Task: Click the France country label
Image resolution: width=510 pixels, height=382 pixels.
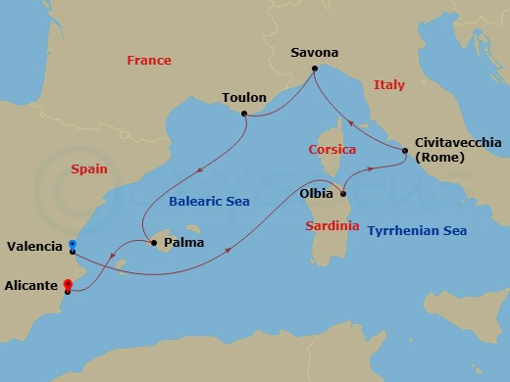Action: (x=149, y=61)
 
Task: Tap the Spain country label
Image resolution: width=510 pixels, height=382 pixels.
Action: (x=90, y=169)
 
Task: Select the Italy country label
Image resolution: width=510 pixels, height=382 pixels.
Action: (x=389, y=86)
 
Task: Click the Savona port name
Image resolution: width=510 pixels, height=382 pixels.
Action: (x=315, y=52)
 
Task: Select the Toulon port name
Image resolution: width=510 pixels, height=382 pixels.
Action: (x=244, y=98)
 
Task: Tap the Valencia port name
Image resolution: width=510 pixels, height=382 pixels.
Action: (x=34, y=246)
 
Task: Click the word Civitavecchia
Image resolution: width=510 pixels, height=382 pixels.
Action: (x=458, y=142)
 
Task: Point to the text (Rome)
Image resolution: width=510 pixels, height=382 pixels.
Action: (x=438, y=159)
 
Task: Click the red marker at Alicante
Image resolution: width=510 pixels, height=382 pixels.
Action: (x=67, y=286)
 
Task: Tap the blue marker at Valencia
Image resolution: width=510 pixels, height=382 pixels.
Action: (x=73, y=245)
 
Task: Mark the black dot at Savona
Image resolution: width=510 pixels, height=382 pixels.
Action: (x=314, y=69)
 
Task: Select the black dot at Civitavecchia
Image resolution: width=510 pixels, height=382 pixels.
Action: (x=405, y=150)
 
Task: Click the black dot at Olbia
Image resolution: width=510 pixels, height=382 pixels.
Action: (x=343, y=193)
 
